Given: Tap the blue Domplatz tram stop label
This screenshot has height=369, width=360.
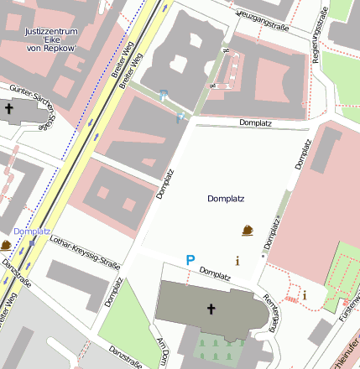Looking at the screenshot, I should (x=33, y=231).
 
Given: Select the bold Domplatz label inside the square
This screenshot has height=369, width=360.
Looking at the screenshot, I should (x=225, y=199).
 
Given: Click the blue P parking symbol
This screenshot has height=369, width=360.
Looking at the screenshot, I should (x=190, y=261).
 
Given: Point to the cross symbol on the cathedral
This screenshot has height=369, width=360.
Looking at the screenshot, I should (x=211, y=309).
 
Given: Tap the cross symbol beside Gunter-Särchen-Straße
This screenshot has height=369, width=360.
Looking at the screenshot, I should (x=9, y=109).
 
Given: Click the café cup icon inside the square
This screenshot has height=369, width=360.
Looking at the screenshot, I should (x=248, y=230).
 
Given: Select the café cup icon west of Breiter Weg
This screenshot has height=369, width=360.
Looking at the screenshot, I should (x=6, y=245).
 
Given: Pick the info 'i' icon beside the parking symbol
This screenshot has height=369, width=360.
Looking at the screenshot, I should (x=237, y=261).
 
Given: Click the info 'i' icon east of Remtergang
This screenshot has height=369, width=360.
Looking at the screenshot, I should (x=305, y=294).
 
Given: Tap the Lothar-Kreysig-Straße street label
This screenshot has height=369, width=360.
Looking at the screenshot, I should (x=86, y=252).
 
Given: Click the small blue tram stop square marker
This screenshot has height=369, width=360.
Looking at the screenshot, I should (x=33, y=242).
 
